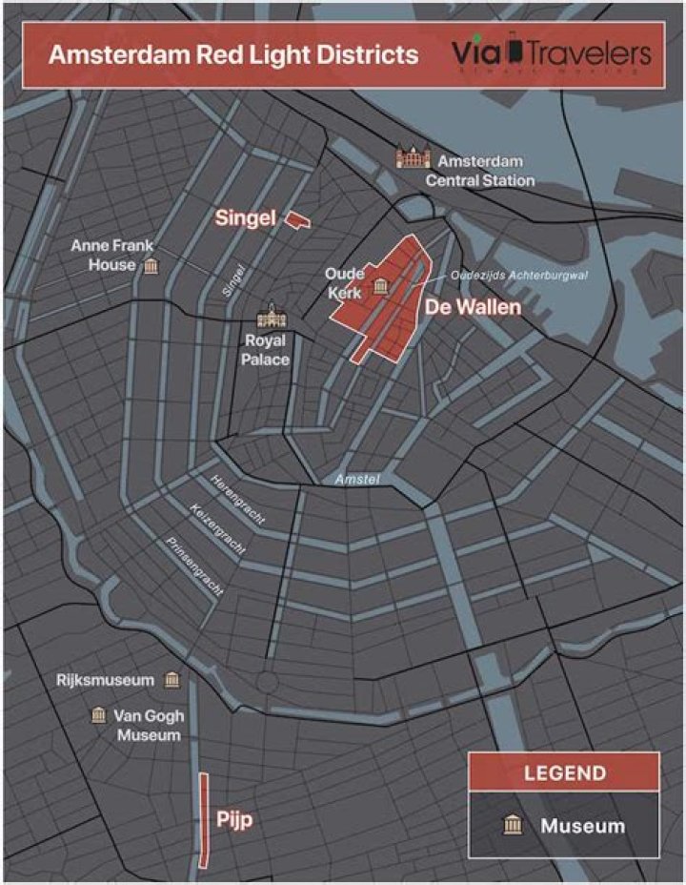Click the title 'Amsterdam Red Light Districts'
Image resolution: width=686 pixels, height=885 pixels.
(x=233, y=54)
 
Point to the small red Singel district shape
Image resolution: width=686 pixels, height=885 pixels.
(x=299, y=220)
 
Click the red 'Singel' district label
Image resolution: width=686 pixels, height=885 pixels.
(x=245, y=218)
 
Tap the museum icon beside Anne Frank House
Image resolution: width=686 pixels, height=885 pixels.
(x=151, y=265)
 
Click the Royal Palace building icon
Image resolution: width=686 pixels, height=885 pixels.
(x=272, y=317)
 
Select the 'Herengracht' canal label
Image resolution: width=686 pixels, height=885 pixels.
(x=237, y=498)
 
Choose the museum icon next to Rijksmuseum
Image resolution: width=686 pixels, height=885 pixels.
(x=171, y=680)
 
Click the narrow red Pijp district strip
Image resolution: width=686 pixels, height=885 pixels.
(x=204, y=820)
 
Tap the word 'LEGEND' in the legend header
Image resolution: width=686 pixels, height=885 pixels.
(x=564, y=772)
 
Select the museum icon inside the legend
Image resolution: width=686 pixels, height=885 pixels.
(x=513, y=825)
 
